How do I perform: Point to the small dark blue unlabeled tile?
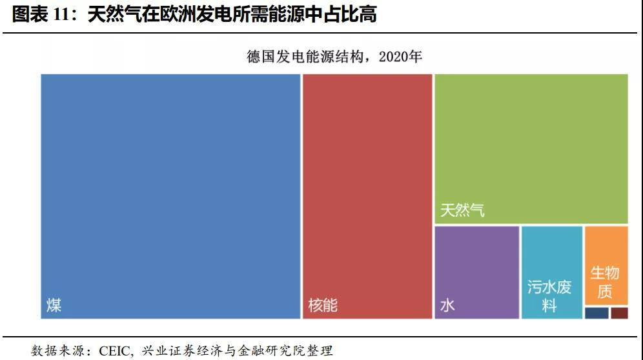(x=597, y=313)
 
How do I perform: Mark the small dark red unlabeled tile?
(x=619, y=313)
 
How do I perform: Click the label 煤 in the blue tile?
(x=54, y=305)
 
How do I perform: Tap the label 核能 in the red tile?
(x=323, y=305)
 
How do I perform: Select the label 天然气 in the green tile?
(x=462, y=210)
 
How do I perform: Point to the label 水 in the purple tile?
(x=447, y=305)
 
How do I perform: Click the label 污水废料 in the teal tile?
(x=549, y=296)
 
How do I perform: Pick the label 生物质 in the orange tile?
(x=605, y=282)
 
